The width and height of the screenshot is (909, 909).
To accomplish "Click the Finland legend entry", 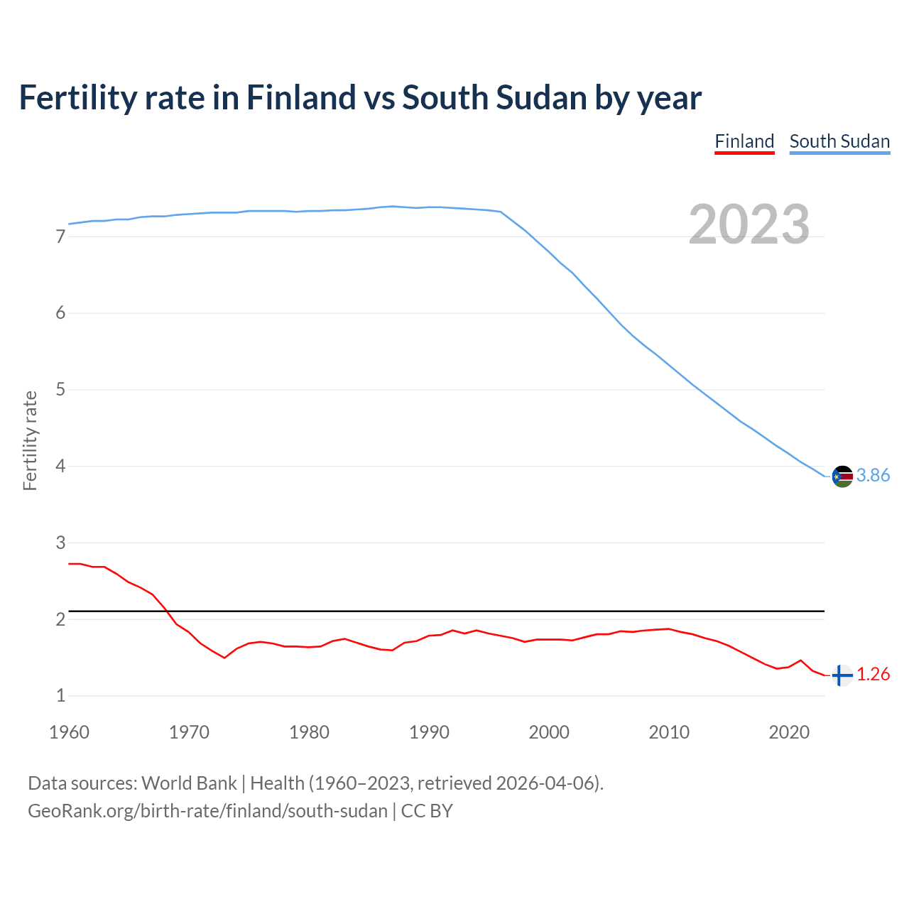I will (744, 141).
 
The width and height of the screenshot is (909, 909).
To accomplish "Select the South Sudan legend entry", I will (839, 141).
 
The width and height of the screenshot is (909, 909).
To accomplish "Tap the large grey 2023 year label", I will (749, 224).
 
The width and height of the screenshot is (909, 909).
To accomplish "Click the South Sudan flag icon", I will (842, 476).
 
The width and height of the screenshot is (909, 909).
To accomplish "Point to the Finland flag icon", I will (842, 675).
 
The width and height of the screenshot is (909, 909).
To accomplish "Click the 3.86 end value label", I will (873, 476).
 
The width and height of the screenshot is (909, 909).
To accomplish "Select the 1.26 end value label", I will (873, 675).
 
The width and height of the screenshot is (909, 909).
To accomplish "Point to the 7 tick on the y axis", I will (60, 236).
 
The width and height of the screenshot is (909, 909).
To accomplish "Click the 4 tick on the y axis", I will (60, 467).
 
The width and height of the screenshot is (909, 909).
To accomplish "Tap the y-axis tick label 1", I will (60, 696).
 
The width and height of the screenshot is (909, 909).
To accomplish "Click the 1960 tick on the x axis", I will (69, 732).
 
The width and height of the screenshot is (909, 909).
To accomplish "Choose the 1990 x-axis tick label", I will (429, 732).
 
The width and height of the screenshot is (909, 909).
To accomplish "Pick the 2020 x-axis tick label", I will (789, 732).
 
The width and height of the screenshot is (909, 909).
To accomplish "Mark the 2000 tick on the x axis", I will (549, 732).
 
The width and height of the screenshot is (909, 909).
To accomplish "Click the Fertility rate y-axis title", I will (30, 440).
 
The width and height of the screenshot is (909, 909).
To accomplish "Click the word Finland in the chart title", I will (300, 97).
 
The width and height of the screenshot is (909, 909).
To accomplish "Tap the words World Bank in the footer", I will (189, 783).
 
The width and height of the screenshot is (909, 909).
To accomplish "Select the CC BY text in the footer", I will (427, 811).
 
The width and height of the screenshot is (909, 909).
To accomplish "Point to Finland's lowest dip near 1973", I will (224, 658).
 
